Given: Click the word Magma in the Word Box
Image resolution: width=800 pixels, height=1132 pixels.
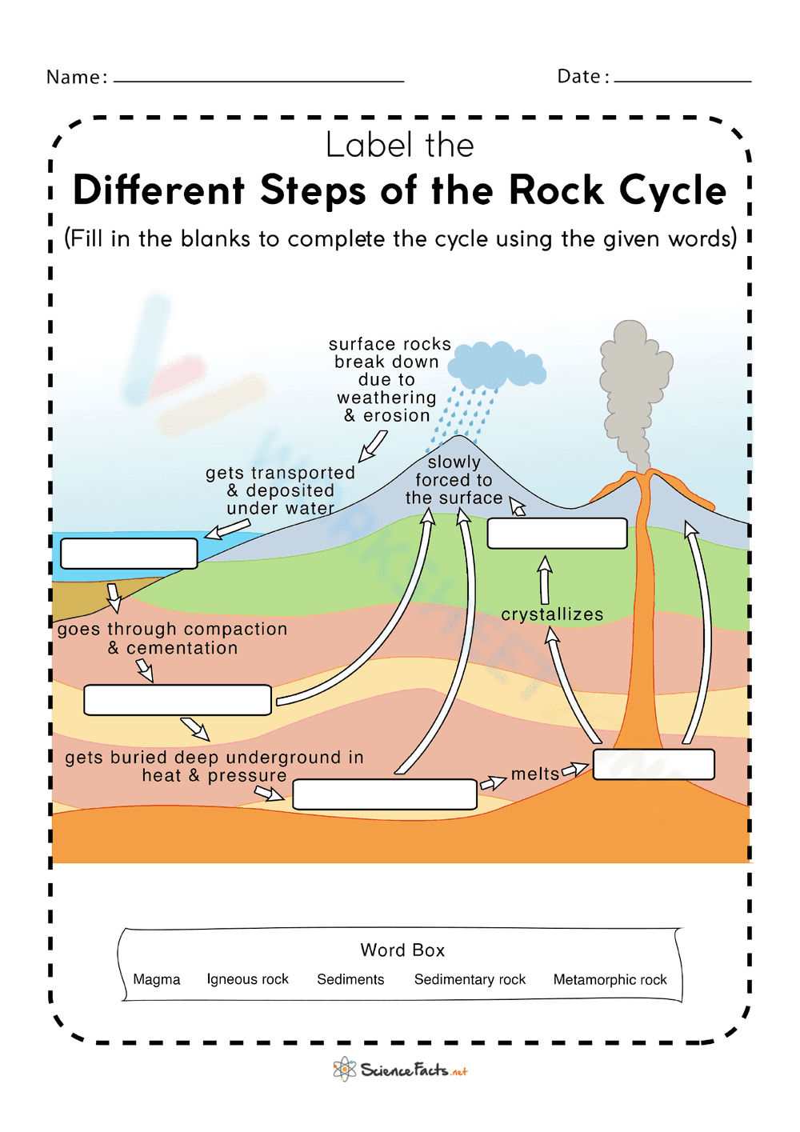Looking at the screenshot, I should point(157,979).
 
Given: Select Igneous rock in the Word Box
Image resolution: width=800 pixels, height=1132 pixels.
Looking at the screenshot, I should point(247,979).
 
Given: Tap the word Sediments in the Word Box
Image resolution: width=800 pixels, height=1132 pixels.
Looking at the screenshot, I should point(350,979).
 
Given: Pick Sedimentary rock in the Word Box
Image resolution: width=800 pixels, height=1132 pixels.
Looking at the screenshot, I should point(470,979).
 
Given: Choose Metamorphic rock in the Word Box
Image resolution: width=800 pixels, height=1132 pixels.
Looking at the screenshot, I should point(610,979).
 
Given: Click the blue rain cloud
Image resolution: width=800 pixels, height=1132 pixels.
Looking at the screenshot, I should point(496,366).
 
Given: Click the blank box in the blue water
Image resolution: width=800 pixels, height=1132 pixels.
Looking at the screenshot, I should point(129,554).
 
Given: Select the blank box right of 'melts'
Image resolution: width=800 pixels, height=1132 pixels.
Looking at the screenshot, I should point(654,764).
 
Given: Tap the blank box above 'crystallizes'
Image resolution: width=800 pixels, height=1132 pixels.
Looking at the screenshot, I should point(557,533).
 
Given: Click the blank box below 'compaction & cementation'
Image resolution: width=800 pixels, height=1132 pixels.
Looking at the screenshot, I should point(178,700).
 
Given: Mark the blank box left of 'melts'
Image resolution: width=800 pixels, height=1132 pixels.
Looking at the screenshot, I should point(385,794).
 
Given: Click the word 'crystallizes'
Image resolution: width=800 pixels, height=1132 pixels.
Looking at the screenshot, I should point(552,614).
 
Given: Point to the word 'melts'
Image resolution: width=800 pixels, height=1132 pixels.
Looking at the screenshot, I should point(535,774).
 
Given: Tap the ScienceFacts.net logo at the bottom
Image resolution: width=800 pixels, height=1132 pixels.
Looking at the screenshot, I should point(400,1070).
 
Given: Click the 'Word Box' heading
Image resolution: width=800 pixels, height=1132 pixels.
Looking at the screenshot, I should point(402,950).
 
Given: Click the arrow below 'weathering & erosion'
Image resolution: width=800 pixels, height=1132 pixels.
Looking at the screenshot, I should point(372,446).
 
